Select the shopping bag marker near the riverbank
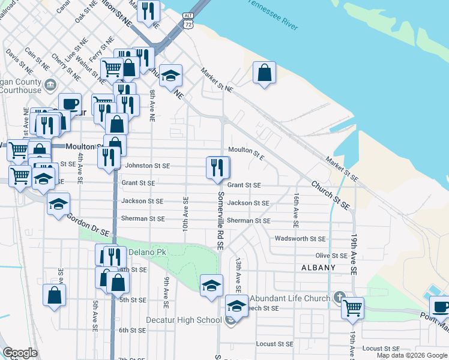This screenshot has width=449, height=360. point(264,73)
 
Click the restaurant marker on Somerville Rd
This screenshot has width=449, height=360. point(218,167)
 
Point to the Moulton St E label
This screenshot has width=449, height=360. point(246,153)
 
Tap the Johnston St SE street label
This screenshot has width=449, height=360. point(146,166)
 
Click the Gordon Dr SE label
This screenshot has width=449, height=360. point(88,224)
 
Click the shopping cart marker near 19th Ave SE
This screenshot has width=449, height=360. point(352,308)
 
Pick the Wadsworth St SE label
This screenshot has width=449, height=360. point(300,239)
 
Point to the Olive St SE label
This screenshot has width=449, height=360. point(331,256)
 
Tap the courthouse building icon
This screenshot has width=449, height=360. point(50,83)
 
